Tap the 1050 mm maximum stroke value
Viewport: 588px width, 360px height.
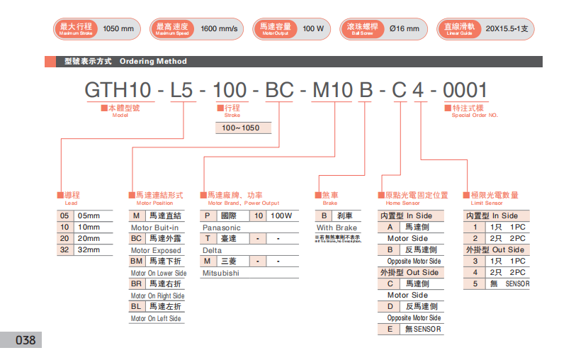pos(118,29)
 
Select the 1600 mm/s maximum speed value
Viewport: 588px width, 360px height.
pos(219,29)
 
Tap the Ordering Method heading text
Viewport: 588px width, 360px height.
pos(153,62)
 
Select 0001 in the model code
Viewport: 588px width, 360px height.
pos(465,91)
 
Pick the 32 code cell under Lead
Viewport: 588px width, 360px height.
pos(64,250)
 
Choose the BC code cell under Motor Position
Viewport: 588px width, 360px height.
pos(137,239)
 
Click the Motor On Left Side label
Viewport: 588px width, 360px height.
pos(156,318)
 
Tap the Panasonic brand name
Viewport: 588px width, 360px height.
pos(221,227)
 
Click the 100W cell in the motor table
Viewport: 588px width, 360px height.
pos(281,215)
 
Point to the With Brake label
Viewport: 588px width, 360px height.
pos(337,227)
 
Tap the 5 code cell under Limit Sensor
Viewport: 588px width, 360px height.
pos(475,283)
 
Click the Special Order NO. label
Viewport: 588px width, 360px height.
pos(475,115)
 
